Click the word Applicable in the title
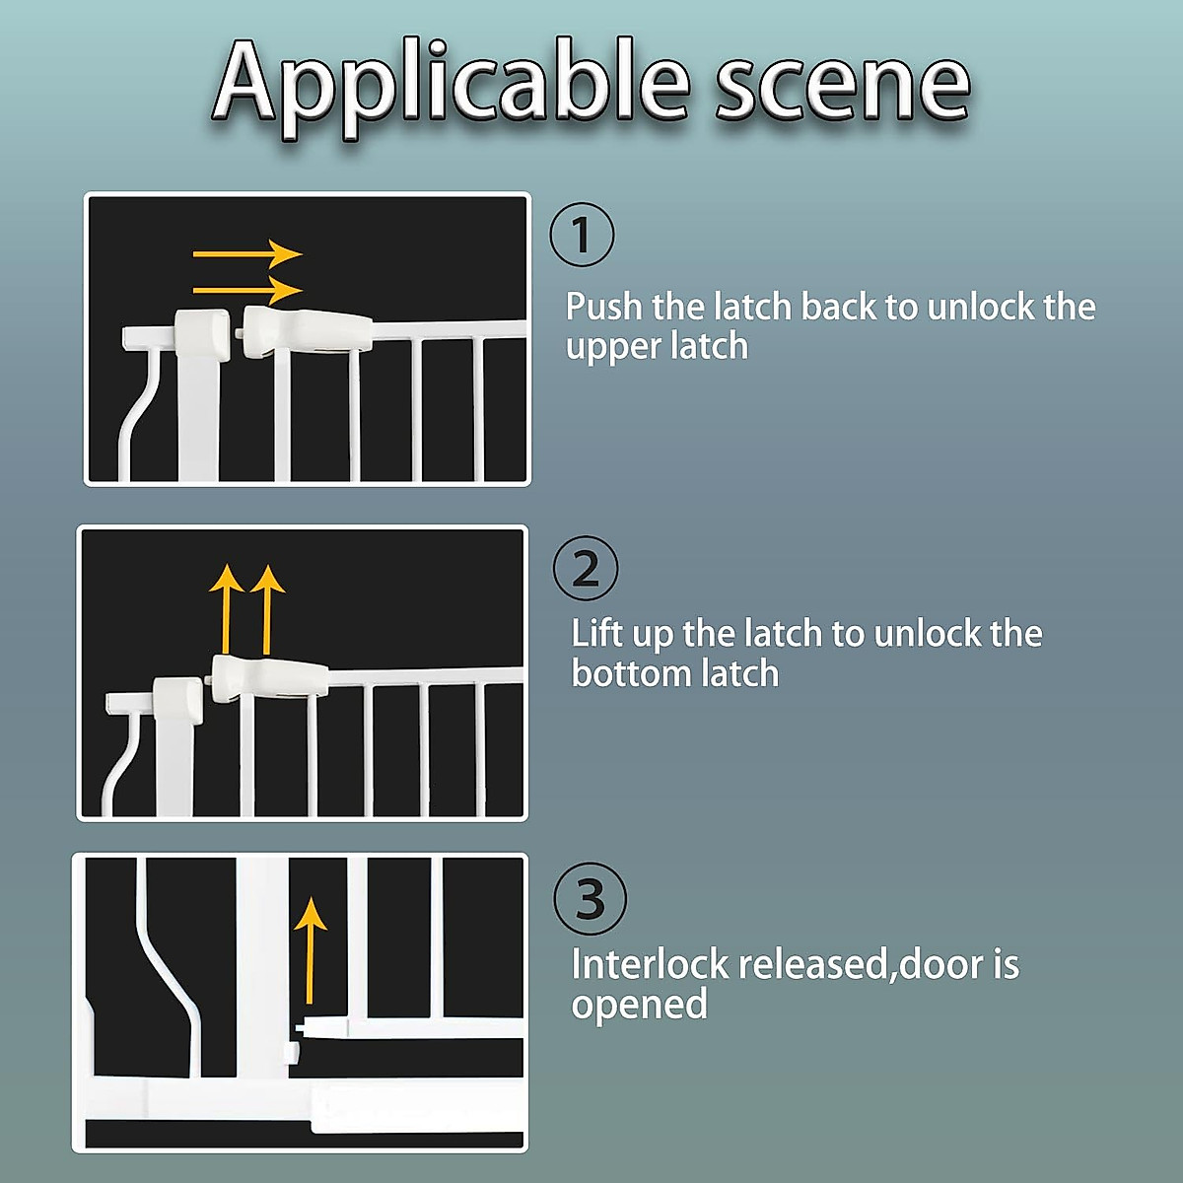452,84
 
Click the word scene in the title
843,87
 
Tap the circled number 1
582,235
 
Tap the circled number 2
586,569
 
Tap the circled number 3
590,899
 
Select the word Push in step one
603,307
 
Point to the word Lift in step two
596,633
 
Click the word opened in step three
639,1005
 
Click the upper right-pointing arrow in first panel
246,254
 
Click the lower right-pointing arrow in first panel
246,290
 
